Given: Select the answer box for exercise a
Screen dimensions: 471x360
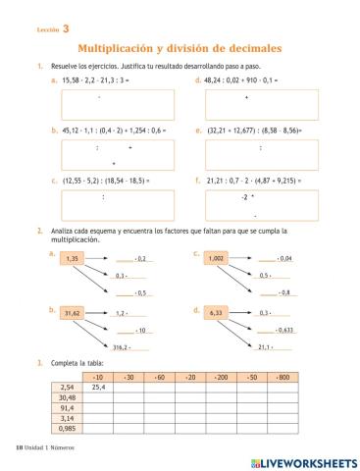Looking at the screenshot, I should pyautogui.click(x=118, y=105).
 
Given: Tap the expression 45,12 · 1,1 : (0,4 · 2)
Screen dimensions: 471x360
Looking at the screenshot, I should pyautogui.click(x=98, y=131).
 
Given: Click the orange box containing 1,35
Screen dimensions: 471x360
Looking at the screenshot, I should pyautogui.click(x=72, y=260).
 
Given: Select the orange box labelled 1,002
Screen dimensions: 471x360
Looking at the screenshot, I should pyautogui.click(x=217, y=259).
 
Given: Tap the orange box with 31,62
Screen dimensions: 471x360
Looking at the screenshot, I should pyautogui.click(x=72, y=314).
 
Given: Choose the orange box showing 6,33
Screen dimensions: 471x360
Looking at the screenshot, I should pyautogui.click(x=217, y=313).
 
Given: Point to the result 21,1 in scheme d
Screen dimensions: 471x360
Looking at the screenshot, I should pyautogui.click(x=265, y=346).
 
